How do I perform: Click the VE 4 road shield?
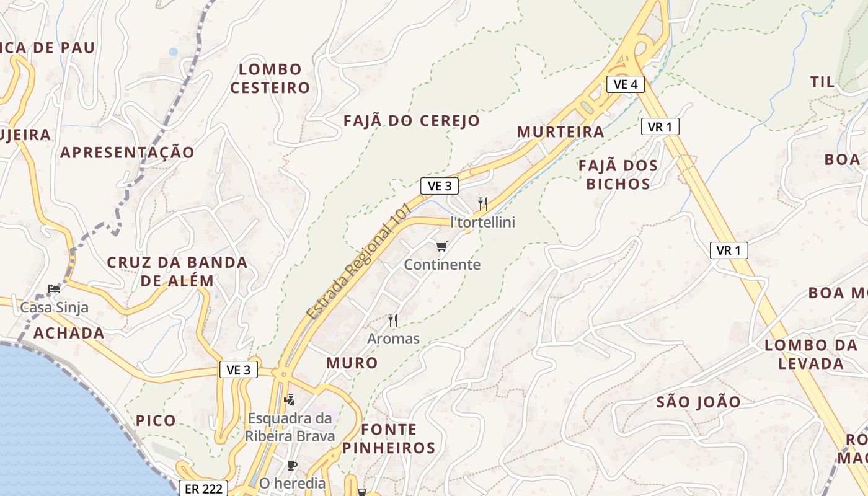[x=626, y=84]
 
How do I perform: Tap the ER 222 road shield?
[x=203, y=489]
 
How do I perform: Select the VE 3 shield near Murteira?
[x=440, y=185]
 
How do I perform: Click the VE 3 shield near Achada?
[x=239, y=370]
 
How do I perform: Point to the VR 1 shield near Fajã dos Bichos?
[x=660, y=127]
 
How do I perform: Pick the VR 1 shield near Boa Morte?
[x=728, y=250]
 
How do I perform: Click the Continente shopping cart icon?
[x=441, y=247]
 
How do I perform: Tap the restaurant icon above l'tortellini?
[x=483, y=203]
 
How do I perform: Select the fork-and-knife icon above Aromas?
[x=393, y=321]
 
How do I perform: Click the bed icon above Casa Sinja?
[x=54, y=289]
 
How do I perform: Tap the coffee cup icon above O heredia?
[x=292, y=465]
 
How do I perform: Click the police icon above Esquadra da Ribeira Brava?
[x=289, y=400]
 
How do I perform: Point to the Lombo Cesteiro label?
[x=270, y=78]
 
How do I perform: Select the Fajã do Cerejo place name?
[x=412, y=121]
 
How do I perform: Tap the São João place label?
[x=698, y=402]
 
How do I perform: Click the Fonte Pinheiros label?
[x=389, y=438]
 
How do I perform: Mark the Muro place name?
[x=352, y=363]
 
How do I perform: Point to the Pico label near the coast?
[x=156, y=421]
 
